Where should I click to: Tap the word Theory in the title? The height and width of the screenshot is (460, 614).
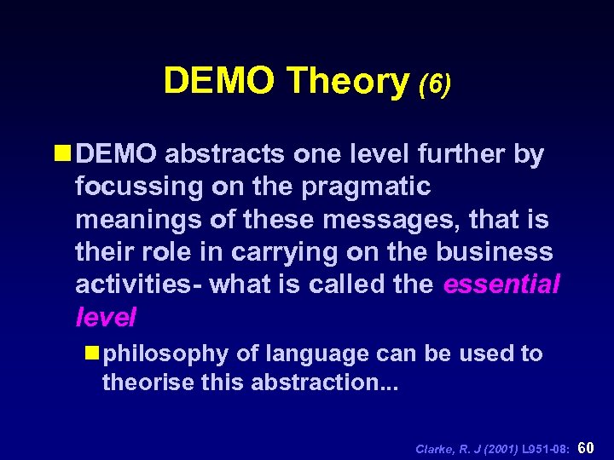click(348, 81)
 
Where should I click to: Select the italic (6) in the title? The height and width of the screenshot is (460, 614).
click(434, 83)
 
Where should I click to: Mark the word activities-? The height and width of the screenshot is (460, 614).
click(136, 284)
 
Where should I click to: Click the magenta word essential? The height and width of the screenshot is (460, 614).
click(501, 284)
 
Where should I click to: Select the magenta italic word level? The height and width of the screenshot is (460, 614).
click(105, 317)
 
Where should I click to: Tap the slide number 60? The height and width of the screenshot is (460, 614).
click(587, 446)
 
